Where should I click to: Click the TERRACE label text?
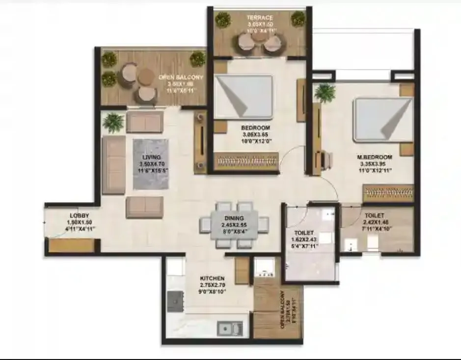[260, 18]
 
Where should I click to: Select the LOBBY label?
[79, 215]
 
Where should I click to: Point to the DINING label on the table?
[234, 218]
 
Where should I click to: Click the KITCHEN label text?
[212, 278]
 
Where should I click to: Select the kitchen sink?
[230, 328]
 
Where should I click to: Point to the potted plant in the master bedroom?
[325, 92]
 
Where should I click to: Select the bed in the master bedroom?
[382, 120]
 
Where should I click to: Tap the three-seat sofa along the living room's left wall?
[113, 165]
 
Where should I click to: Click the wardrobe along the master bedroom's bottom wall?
[387, 193]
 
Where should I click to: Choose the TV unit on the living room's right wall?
[200, 142]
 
